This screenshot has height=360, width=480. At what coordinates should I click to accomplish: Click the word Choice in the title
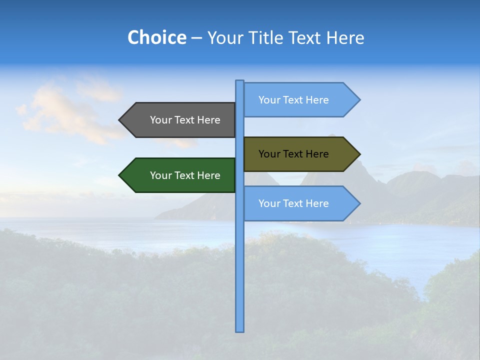(x=156, y=37)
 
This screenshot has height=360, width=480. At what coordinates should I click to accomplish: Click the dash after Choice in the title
(x=196, y=38)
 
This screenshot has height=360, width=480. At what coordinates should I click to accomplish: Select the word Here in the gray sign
(x=208, y=120)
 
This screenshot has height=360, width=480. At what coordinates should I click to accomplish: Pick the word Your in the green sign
(x=160, y=175)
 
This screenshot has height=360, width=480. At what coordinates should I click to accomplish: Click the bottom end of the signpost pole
(x=239, y=330)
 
